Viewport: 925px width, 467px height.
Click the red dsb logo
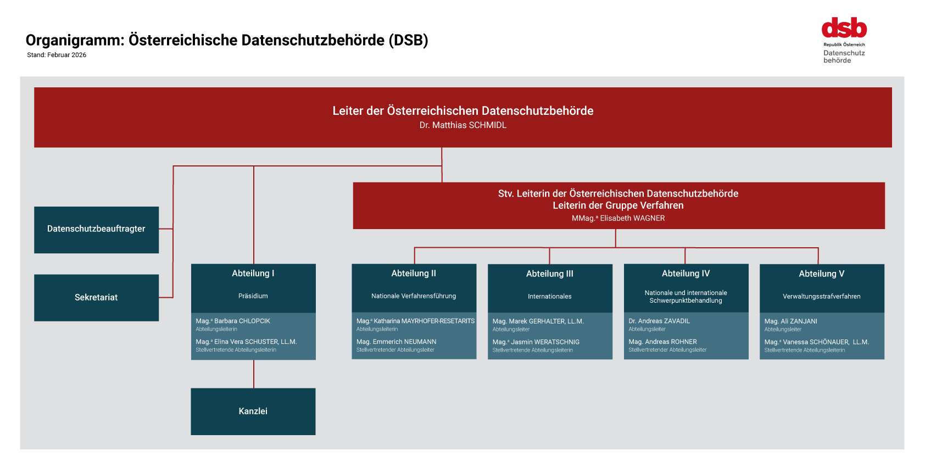[x=844, y=28]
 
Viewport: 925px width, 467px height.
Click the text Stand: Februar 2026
[x=57, y=55]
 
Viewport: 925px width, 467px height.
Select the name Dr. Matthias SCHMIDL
[x=462, y=125]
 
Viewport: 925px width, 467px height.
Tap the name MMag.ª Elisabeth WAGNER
[x=618, y=218]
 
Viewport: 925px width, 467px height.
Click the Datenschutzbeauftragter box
[x=96, y=229]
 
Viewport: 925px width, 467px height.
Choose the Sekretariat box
[x=96, y=297]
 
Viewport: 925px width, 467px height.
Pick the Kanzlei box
[x=253, y=411]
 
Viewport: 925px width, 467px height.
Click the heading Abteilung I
[x=253, y=273]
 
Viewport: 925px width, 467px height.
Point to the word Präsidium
[x=253, y=296]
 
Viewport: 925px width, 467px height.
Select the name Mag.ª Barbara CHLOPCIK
[x=233, y=321]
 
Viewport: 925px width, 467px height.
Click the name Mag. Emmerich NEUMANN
[x=396, y=342]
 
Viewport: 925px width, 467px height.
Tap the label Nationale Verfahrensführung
[x=414, y=296]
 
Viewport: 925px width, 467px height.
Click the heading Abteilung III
[x=549, y=274]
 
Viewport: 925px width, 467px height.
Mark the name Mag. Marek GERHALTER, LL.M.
[x=538, y=321]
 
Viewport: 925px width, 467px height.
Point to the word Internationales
[x=549, y=297]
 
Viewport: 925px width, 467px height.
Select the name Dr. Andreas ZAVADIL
[x=659, y=321]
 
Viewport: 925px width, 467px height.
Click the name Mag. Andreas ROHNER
[x=662, y=342]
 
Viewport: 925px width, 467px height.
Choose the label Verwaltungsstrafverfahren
[x=821, y=297]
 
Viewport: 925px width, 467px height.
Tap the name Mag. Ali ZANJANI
[x=790, y=321]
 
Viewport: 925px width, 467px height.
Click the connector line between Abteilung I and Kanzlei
[x=254, y=374]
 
